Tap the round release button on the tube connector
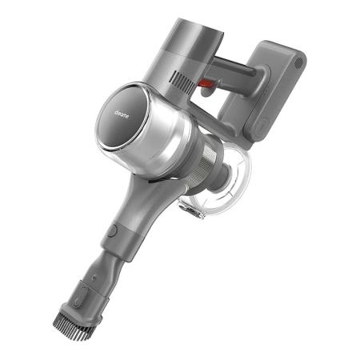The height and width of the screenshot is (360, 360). click(x=111, y=230)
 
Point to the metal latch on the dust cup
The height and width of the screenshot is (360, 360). click(x=190, y=210)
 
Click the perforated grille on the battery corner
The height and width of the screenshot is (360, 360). click(x=298, y=62)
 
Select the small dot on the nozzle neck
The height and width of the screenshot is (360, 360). click(x=93, y=278)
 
